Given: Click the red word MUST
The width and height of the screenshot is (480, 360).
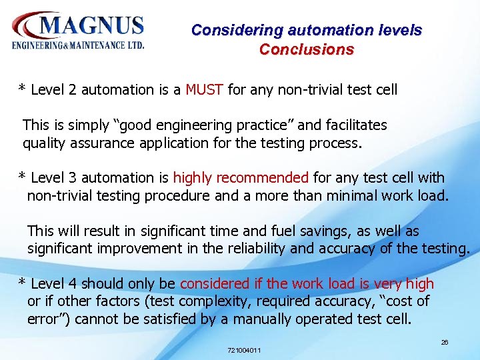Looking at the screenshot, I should (204, 89).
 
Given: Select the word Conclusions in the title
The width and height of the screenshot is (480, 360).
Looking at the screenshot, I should (306, 49).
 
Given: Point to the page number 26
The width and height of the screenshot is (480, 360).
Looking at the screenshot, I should (445, 342).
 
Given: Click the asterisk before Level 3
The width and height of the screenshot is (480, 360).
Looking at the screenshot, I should (22, 178).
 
